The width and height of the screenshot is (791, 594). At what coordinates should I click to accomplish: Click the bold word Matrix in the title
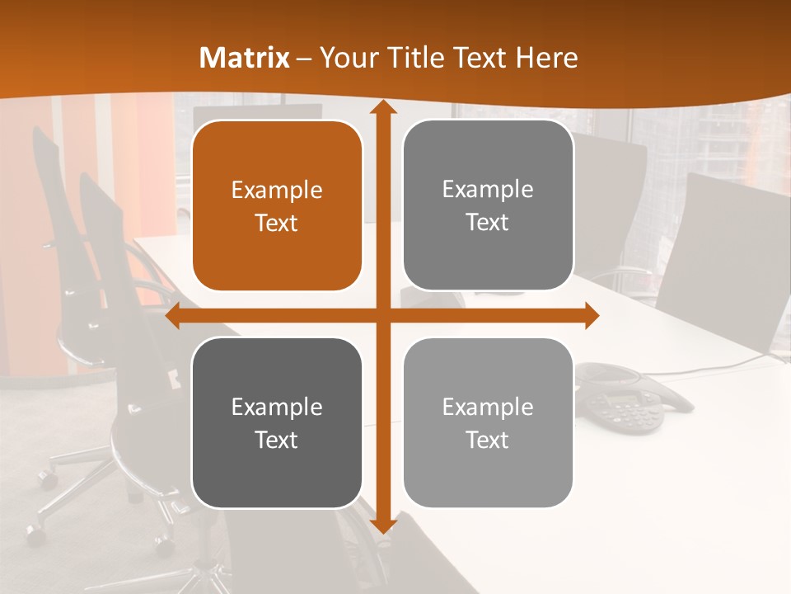[x=245, y=58]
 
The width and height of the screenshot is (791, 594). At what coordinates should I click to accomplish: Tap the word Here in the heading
[x=547, y=58]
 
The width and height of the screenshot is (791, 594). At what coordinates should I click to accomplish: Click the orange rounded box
[x=277, y=205]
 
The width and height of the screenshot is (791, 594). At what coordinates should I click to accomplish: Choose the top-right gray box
[x=488, y=205]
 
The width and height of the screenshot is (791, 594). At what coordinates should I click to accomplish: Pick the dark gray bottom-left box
[x=277, y=422]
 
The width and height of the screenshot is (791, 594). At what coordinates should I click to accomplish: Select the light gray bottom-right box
[x=488, y=422]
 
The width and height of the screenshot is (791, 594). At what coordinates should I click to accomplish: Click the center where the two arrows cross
[x=381, y=316]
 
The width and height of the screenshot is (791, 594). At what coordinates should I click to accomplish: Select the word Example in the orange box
[x=277, y=191]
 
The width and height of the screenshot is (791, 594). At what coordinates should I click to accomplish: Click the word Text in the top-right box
[x=488, y=223]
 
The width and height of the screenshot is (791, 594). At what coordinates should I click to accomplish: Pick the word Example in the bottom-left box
[x=277, y=408]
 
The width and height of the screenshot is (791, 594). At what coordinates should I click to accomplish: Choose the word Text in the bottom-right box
[x=488, y=441]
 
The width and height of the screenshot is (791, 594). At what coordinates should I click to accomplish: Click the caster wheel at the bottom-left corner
[x=34, y=532]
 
